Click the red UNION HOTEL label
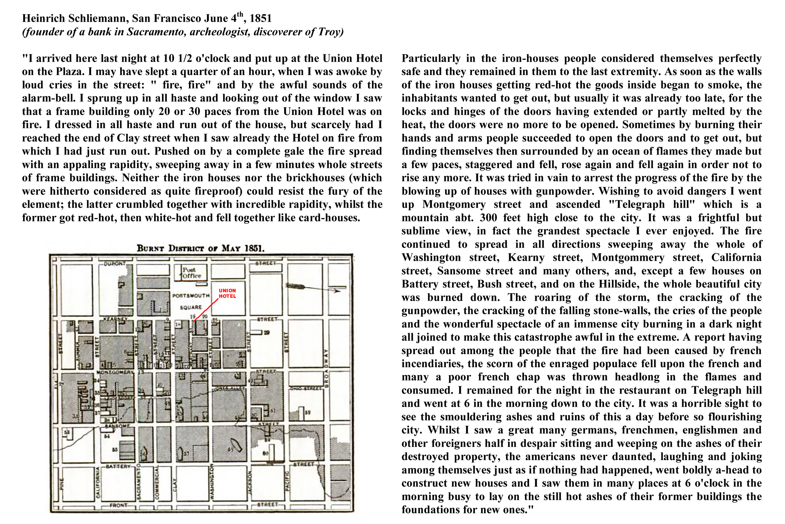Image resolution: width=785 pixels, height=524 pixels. click(x=227, y=293)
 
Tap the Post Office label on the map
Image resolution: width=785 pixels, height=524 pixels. click(x=192, y=272)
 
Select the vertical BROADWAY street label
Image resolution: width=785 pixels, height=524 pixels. click(x=326, y=368)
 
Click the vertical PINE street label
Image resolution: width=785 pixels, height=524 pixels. click(x=61, y=483)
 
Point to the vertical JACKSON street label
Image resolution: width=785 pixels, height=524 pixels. click(x=249, y=481)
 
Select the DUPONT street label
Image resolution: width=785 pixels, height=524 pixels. click(x=115, y=263)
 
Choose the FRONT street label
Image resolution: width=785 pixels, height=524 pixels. click(x=118, y=505)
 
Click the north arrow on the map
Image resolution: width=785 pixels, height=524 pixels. click(x=314, y=288)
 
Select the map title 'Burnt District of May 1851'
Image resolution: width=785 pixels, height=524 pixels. click(x=201, y=248)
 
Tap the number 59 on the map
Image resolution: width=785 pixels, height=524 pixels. click(x=308, y=412)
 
